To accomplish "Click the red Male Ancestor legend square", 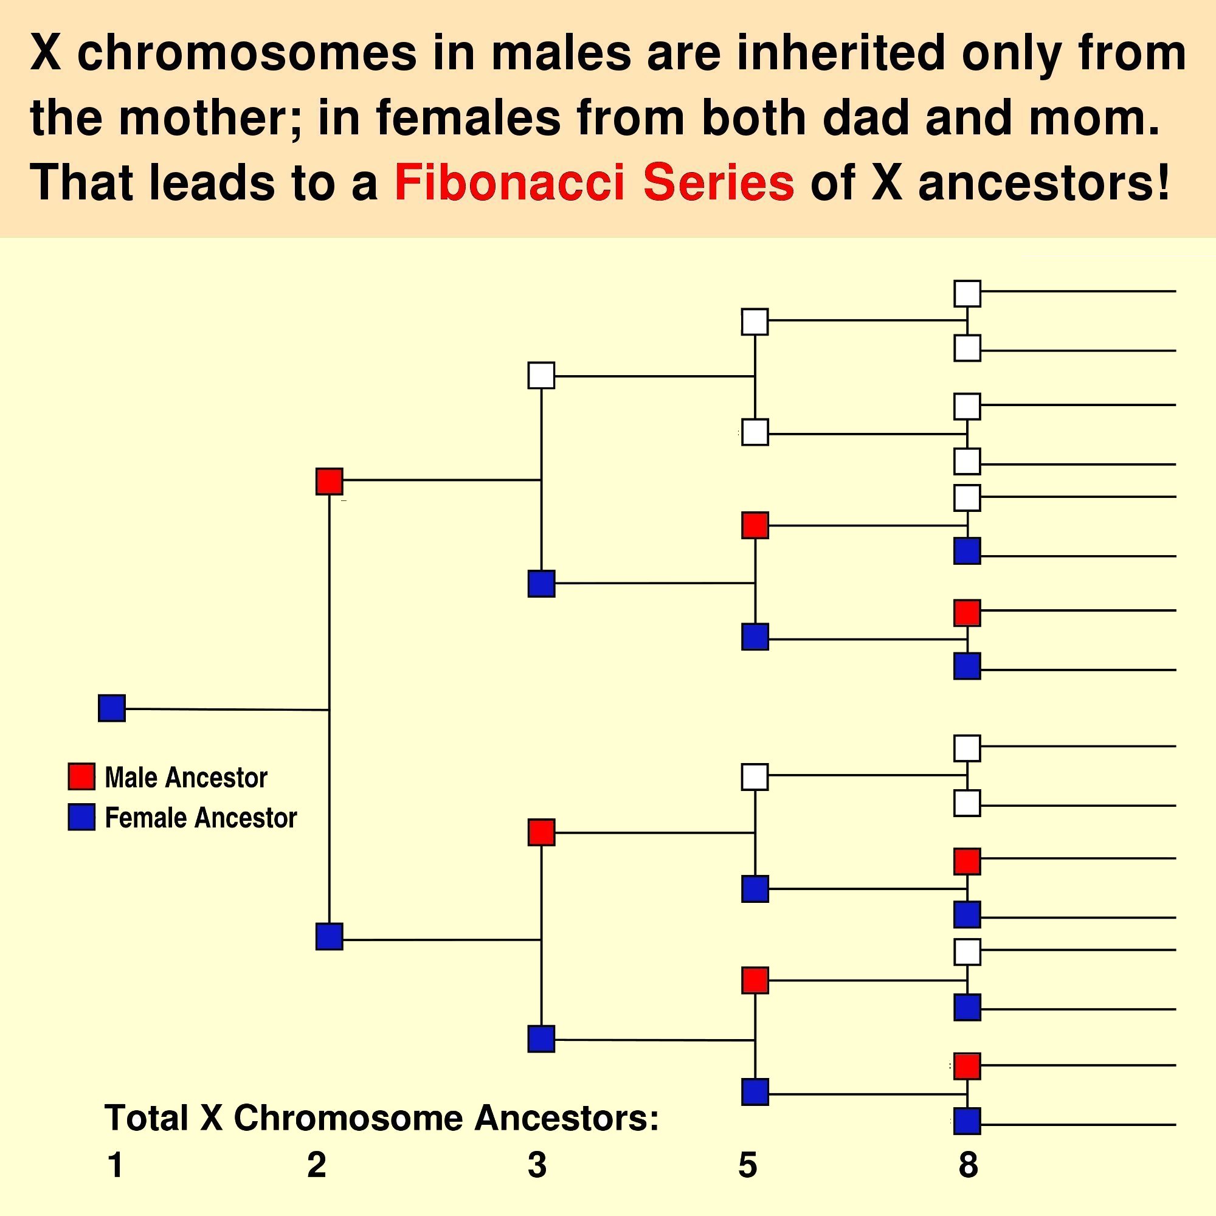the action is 81,776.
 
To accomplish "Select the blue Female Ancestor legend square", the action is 81,817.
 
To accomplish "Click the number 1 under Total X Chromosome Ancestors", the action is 115,1165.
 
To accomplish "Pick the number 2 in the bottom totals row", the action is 317,1165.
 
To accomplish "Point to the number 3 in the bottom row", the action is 537,1165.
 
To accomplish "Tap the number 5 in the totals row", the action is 747,1165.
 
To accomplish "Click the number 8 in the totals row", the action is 968,1165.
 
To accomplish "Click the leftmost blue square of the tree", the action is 112,708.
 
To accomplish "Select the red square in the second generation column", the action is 329,482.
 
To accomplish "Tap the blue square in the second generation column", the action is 329,936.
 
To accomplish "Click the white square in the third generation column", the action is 541,375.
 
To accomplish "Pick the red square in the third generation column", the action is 541,832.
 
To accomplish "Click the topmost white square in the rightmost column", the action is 967,293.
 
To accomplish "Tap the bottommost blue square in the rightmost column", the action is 967,1122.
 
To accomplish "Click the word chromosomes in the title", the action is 247,53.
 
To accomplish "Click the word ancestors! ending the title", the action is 1043,182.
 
